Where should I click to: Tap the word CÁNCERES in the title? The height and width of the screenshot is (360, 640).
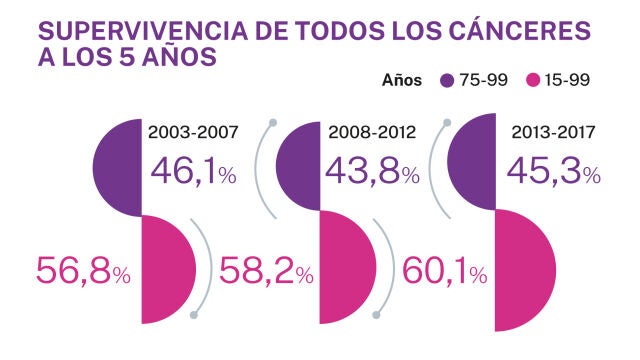coord(527,30)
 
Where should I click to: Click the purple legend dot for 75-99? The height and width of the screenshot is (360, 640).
coord(447,80)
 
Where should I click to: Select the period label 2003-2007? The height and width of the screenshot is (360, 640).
coord(194,130)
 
